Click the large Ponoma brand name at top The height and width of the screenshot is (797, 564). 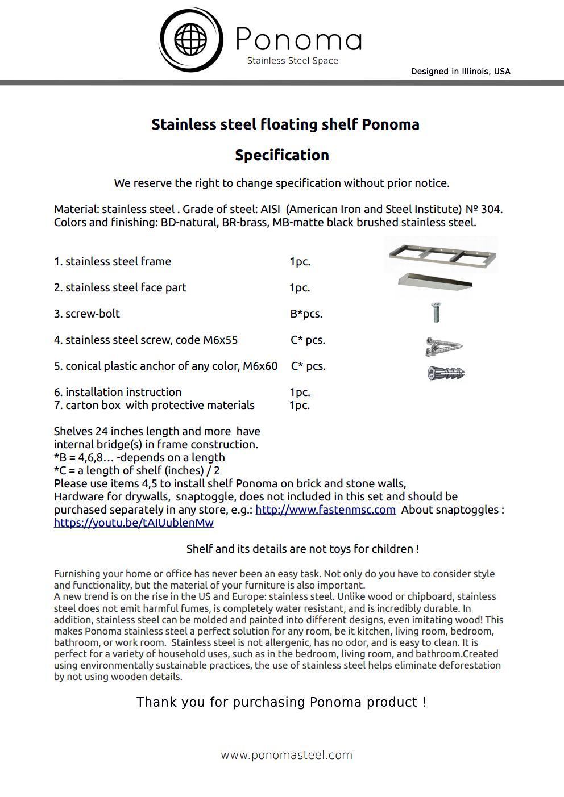tap(298, 39)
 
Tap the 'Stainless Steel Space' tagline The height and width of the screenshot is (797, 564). tap(292, 61)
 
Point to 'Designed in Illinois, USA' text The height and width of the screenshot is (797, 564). tap(461, 72)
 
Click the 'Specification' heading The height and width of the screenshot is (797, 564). tap(282, 155)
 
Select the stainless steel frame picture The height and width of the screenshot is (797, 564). tap(442, 254)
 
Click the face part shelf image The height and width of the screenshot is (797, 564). tap(435, 282)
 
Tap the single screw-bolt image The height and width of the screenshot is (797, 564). tap(436, 312)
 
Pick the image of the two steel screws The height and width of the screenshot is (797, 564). tap(443, 345)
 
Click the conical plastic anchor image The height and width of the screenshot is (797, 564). tap(446, 373)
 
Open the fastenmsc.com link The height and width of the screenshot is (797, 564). tap(325, 510)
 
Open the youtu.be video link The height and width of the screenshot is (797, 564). tap(134, 523)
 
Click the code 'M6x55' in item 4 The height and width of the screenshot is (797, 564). tap(221, 340)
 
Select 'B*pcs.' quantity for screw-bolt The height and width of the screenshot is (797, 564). tap(306, 314)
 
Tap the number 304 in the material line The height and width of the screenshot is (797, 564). tap(491, 209)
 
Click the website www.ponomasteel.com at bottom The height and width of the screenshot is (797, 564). tap(287, 755)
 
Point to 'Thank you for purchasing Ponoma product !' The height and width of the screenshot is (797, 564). tap(281, 702)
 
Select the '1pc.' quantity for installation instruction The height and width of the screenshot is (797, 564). tap(300, 392)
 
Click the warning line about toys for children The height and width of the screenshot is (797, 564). tap(302, 549)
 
